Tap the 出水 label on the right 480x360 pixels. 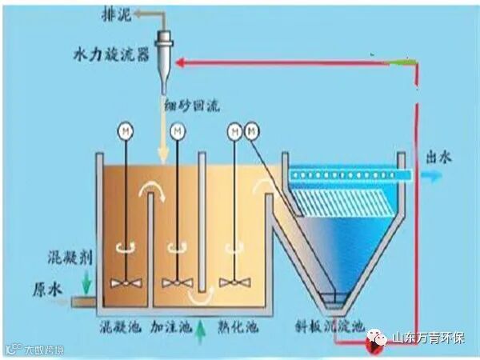[441, 157]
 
